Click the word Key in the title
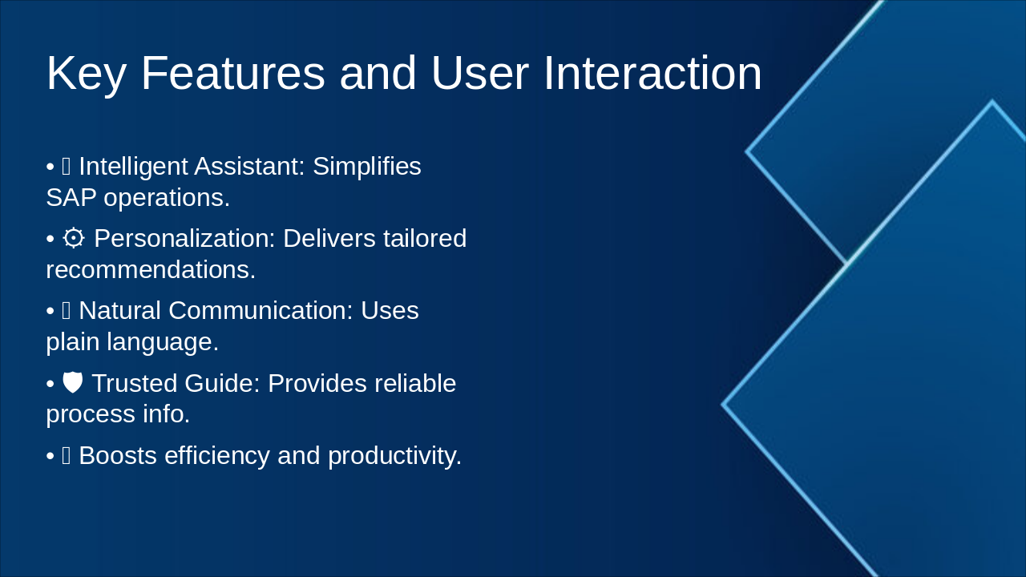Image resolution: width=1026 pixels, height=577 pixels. click(85, 73)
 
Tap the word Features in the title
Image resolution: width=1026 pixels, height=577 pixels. click(232, 73)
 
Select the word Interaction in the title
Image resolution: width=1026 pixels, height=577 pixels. click(652, 73)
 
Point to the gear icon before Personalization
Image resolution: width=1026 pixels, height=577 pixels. click(74, 238)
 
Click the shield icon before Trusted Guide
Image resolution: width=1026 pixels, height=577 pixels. click(73, 383)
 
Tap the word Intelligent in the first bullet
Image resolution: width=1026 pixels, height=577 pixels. click(133, 167)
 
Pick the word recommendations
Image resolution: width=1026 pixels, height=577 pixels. click(150, 269)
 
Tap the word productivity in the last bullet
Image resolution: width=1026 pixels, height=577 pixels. click(394, 455)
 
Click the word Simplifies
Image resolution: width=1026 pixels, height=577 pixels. click(366, 167)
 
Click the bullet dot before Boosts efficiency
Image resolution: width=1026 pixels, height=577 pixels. click(50, 456)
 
